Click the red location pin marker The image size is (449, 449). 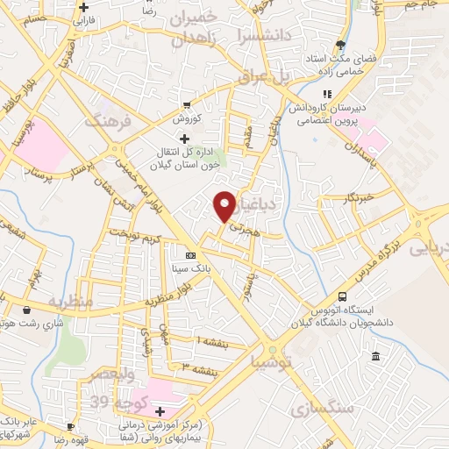[225, 205]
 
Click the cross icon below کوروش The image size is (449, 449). [184, 139]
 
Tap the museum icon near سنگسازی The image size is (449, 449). [375, 357]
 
